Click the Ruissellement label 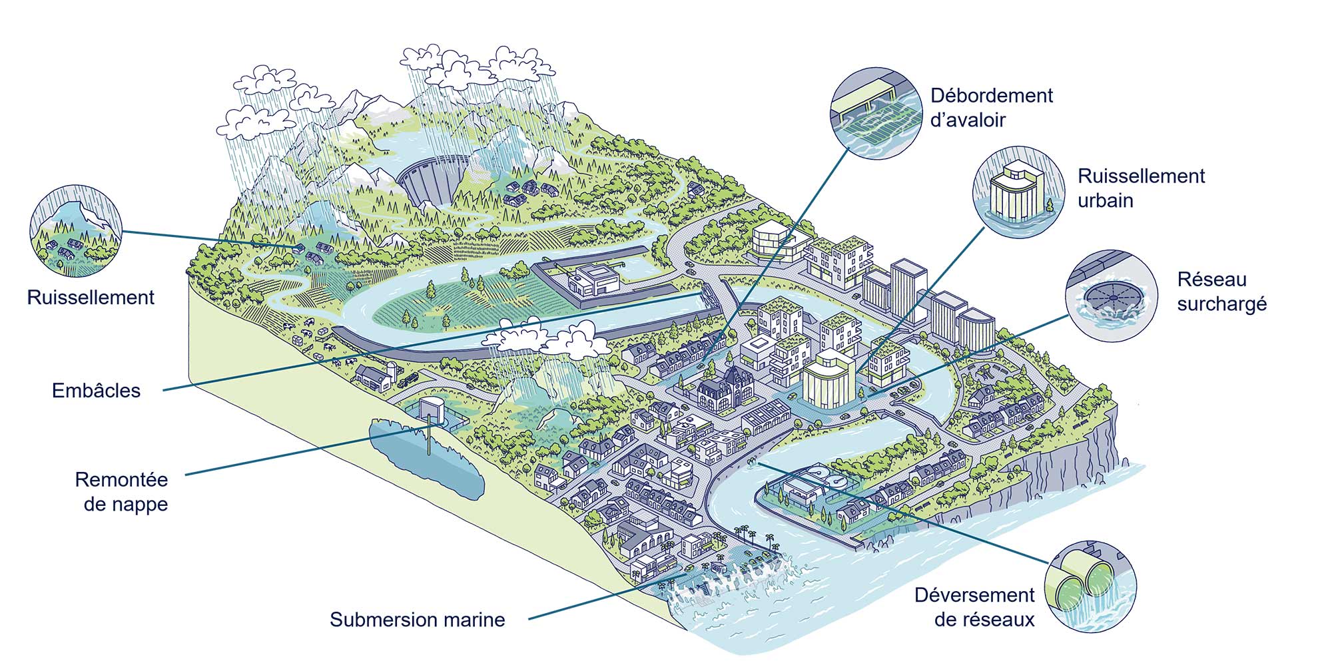tap(91, 298)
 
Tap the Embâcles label tap(96, 391)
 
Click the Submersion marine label tap(417, 620)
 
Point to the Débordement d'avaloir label tap(991, 108)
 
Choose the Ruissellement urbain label tap(1141, 188)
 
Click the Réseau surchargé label tap(1221, 292)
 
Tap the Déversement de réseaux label tap(974, 607)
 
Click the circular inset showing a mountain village tap(76, 231)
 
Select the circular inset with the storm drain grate tap(876, 113)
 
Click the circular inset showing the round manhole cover tap(1111, 296)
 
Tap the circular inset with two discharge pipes tap(1090, 586)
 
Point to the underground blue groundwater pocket tap(426, 459)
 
